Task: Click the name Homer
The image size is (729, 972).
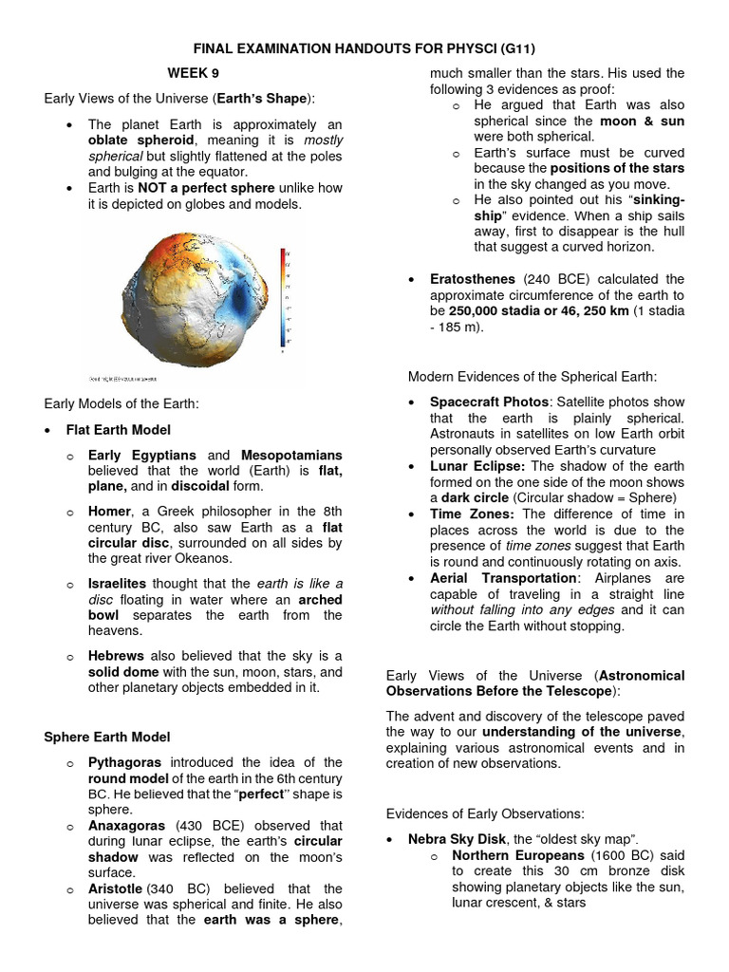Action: tap(109, 513)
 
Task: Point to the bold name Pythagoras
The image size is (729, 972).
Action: tap(124, 762)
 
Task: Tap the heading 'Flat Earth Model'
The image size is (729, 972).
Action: tap(119, 429)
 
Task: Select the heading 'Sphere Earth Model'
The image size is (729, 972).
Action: tap(107, 736)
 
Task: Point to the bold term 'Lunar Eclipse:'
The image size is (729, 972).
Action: tap(477, 466)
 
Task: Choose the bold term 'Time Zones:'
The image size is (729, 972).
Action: tap(473, 514)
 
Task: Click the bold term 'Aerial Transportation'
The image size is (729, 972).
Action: tap(503, 578)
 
